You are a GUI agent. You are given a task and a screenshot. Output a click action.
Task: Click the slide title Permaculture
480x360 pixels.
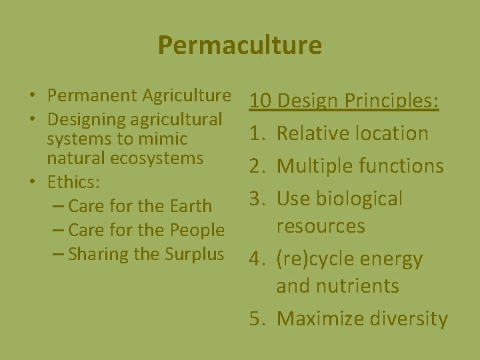(x=240, y=45)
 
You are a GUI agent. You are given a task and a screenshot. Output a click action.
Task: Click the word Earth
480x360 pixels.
(x=191, y=206)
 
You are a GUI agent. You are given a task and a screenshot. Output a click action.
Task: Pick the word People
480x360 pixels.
(x=197, y=230)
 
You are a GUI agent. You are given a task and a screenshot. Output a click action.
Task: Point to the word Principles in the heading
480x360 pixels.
(x=391, y=101)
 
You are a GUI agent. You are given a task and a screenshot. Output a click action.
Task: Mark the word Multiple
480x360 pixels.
(x=313, y=166)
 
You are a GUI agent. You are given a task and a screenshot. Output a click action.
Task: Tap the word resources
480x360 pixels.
(x=321, y=226)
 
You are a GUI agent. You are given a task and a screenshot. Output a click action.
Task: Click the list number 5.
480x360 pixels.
(x=256, y=319)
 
